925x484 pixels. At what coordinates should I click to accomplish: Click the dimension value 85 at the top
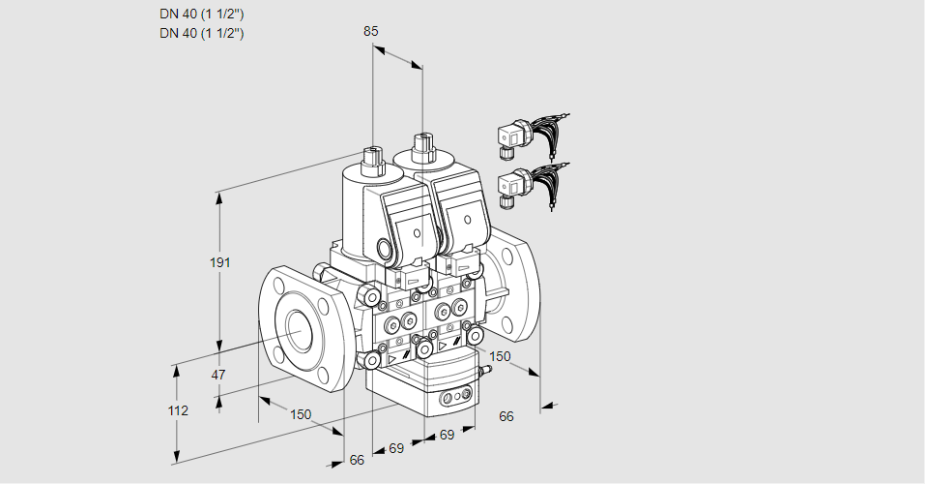370,31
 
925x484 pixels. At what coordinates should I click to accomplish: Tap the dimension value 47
218,375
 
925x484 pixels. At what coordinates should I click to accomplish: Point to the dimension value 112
177,410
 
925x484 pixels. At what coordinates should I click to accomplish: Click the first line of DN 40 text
201,14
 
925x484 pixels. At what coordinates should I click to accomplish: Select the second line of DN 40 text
201,33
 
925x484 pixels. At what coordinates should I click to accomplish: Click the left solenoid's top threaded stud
372,157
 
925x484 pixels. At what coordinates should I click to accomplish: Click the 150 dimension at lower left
301,414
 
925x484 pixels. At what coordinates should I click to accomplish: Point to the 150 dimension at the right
499,356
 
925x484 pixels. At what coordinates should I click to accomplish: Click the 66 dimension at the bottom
357,460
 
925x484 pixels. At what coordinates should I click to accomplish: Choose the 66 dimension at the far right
506,416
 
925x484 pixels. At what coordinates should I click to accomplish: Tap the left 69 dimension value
396,448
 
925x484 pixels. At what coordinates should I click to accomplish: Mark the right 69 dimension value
447,435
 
